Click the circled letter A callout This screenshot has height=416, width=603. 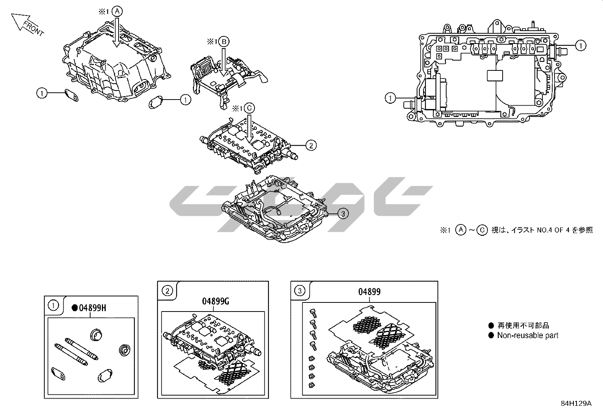(117, 12)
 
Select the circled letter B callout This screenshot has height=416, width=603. (224, 42)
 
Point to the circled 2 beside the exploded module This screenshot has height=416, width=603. (311, 145)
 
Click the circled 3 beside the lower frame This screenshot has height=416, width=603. (343, 214)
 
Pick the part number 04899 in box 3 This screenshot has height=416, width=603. (369, 292)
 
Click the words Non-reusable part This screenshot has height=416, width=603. (528, 335)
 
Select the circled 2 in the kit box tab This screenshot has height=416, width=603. (167, 291)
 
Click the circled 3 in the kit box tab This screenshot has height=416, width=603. (300, 291)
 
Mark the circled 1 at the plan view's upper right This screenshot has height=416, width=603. (580, 46)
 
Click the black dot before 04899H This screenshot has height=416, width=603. (75, 308)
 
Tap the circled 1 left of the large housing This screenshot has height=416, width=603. (42, 92)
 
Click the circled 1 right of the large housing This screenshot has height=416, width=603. (185, 100)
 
